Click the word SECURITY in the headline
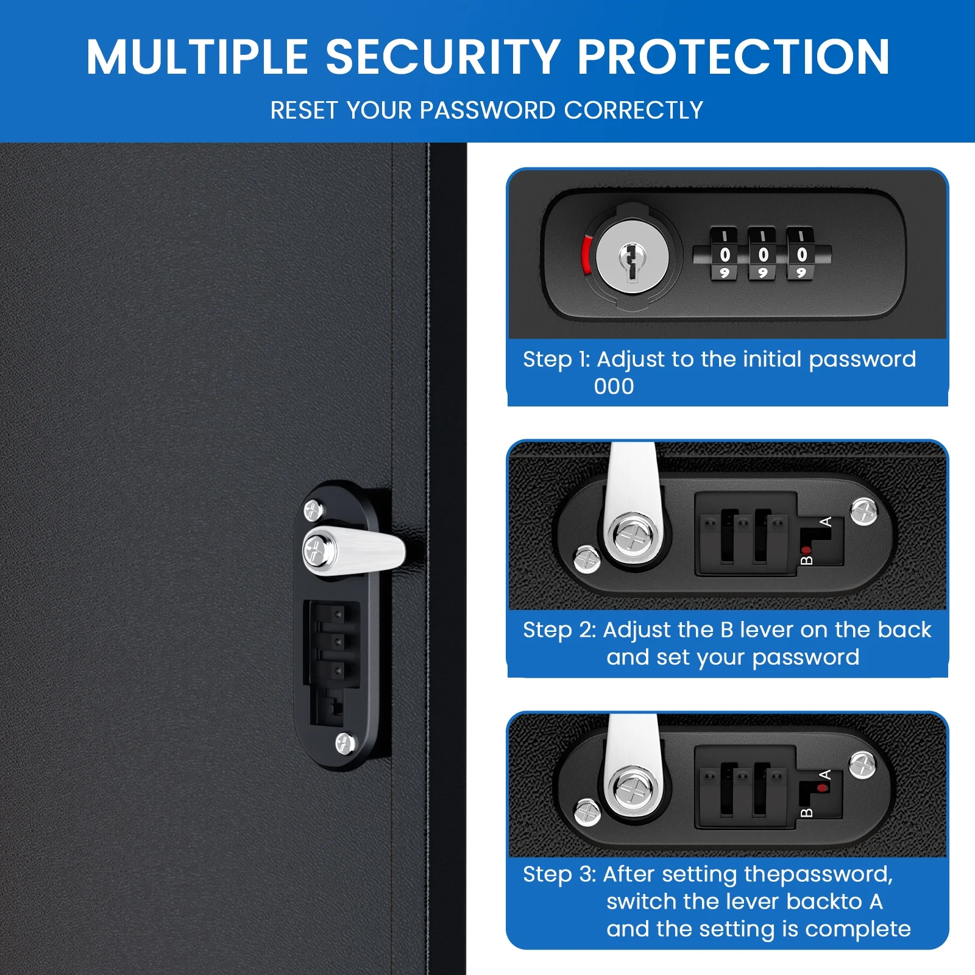(443, 57)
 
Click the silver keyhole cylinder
(632, 257)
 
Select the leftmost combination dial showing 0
(725, 254)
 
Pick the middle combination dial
(762, 254)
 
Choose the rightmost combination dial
(801, 254)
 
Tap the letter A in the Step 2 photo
(826, 522)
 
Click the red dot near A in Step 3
(823, 788)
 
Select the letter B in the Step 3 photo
(806, 813)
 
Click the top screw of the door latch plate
(313, 510)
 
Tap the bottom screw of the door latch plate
(345, 743)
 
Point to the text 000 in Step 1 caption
(614, 386)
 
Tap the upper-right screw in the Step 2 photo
(863, 511)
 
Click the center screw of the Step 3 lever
(633, 791)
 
